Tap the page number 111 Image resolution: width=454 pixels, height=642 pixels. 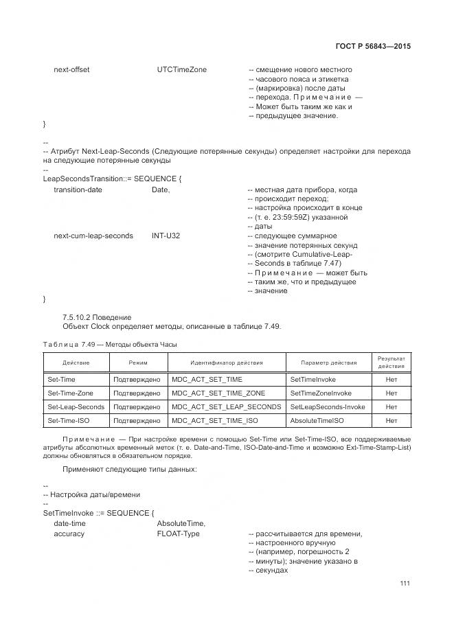click(x=405, y=584)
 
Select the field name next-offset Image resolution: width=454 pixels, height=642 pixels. click(x=71, y=70)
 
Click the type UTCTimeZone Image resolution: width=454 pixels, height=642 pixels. click(x=181, y=70)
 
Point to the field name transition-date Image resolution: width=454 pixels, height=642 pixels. click(x=78, y=190)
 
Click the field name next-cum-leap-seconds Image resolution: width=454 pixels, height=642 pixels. click(x=93, y=236)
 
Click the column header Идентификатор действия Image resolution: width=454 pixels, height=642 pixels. click(x=227, y=362)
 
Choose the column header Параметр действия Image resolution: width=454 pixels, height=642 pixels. click(x=328, y=362)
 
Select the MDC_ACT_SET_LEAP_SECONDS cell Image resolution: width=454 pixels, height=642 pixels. click(x=226, y=406)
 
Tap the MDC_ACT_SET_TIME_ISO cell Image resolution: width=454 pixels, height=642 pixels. click(x=215, y=420)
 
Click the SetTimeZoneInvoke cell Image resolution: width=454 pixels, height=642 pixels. click(x=321, y=393)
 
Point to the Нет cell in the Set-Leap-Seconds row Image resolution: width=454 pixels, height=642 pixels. click(x=391, y=406)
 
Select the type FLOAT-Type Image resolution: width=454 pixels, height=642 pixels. click(x=178, y=534)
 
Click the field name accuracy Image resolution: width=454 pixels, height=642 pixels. click(x=69, y=534)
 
